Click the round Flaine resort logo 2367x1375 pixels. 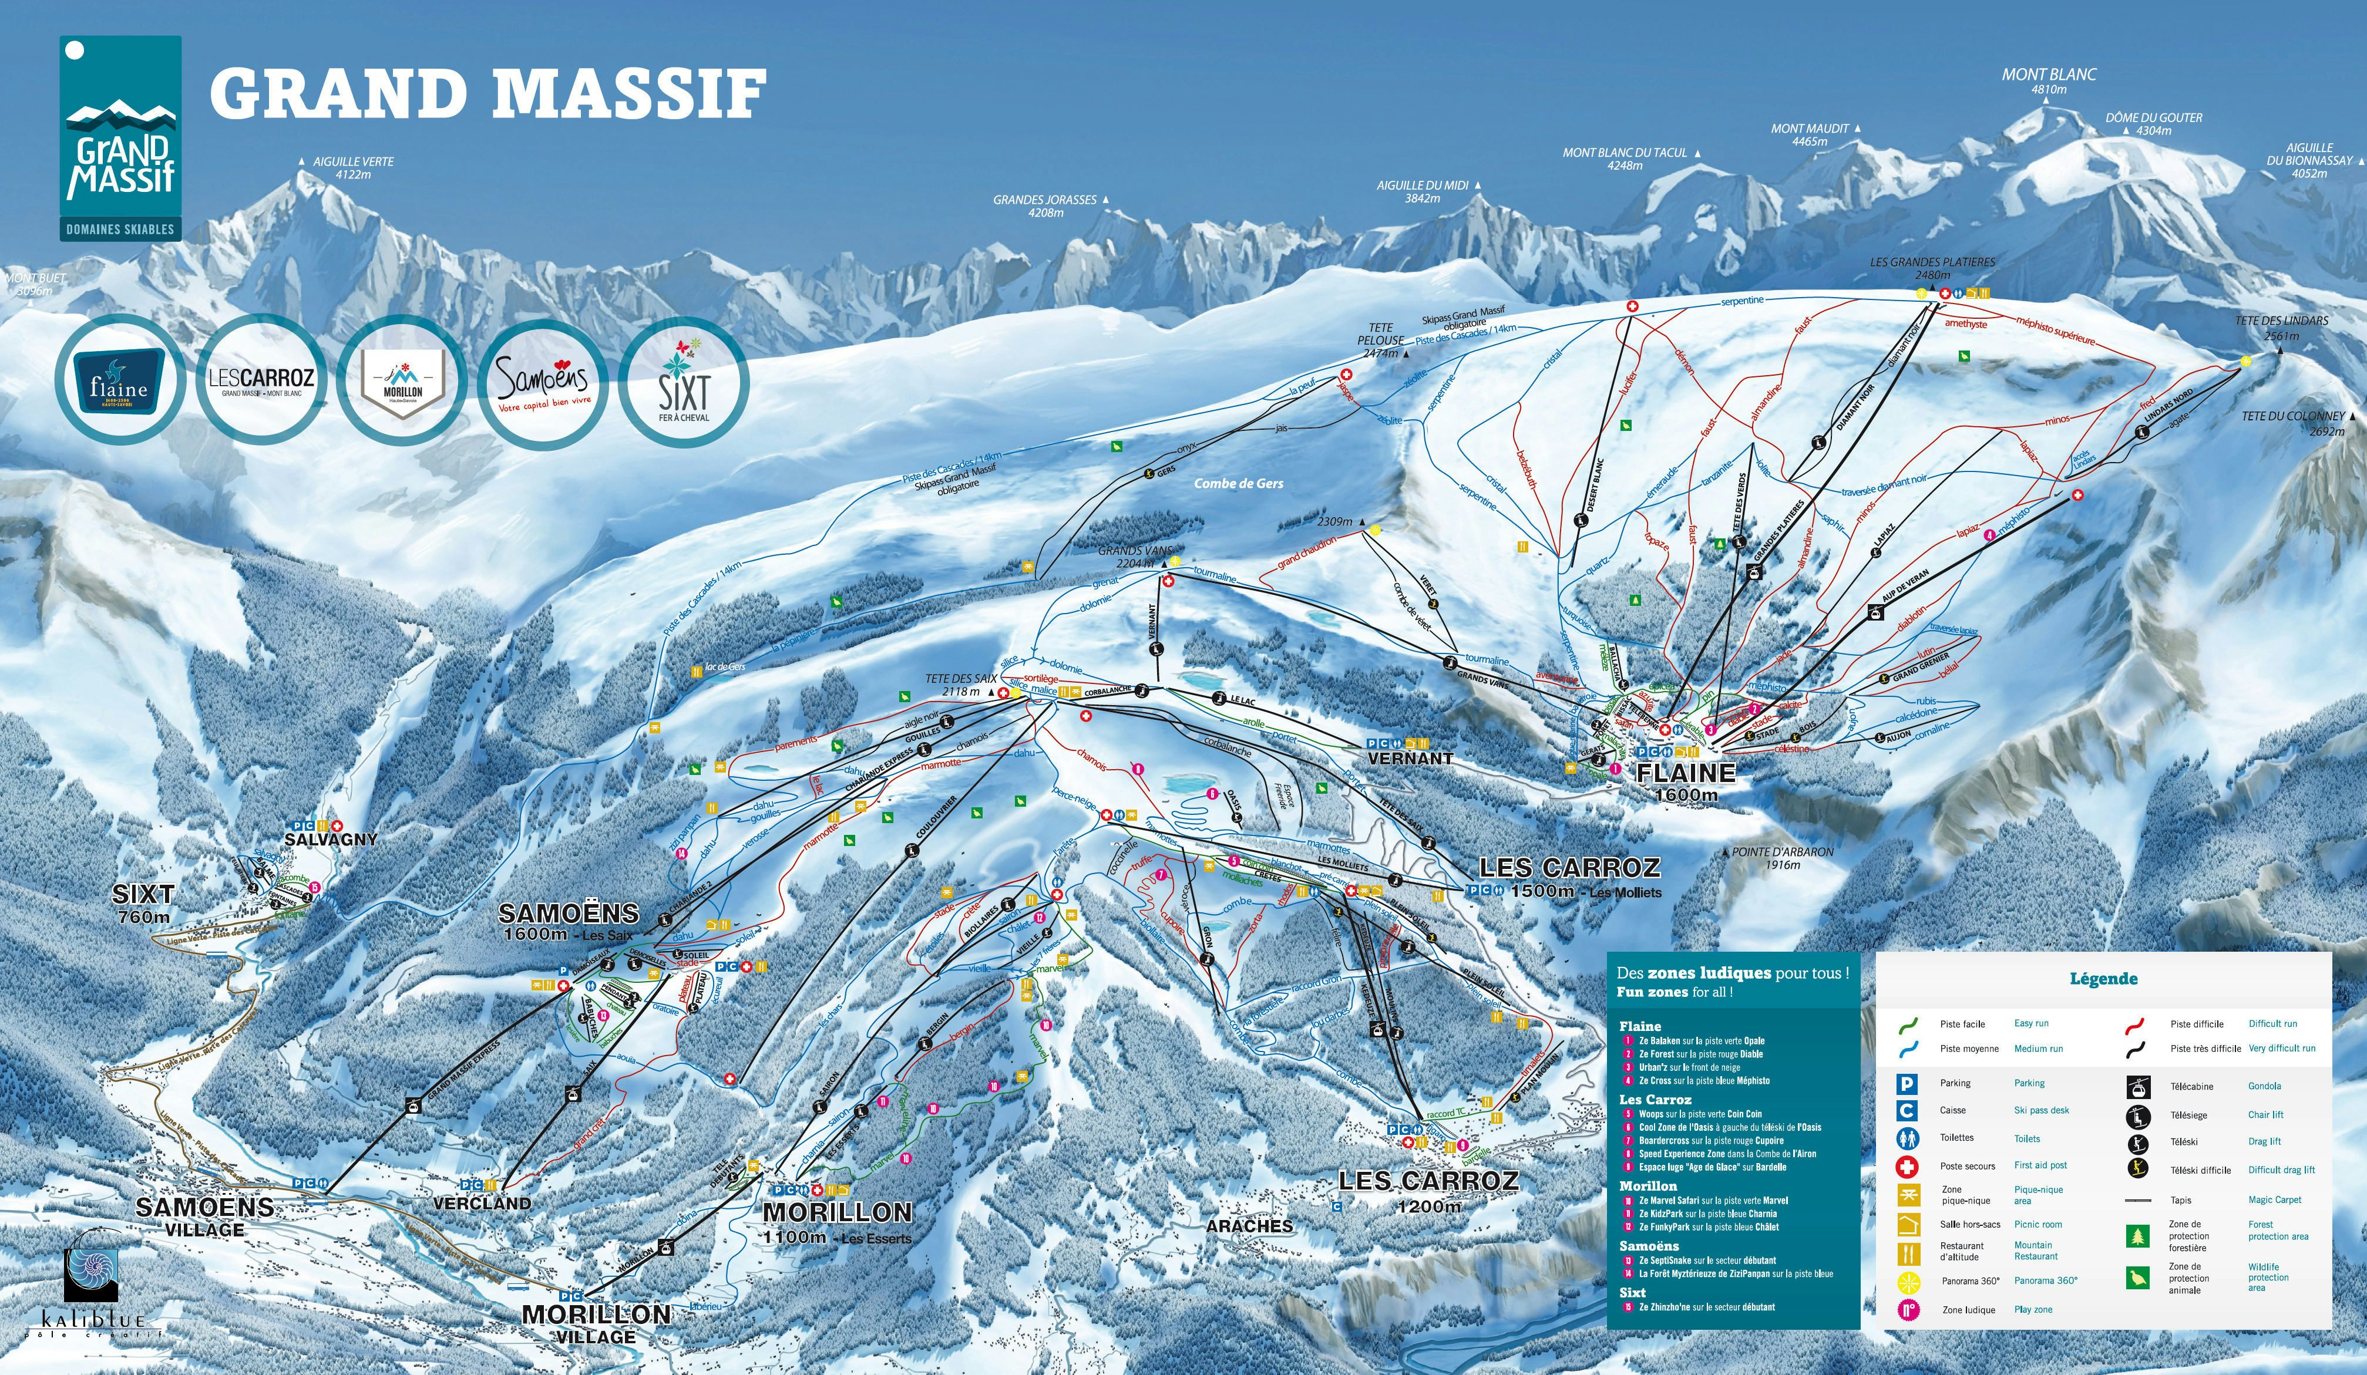pyautogui.click(x=119, y=380)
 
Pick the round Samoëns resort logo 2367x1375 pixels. pyautogui.click(x=542, y=380)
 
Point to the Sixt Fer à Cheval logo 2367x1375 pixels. pyautogui.click(x=683, y=380)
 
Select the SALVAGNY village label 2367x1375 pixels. pyautogui.click(x=331, y=839)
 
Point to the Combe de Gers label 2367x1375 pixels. pyautogui.click(x=1238, y=484)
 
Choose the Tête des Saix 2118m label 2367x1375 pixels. pyautogui.click(x=960, y=684)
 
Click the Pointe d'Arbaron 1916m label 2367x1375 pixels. pyautogui.click(x=1782, y=858)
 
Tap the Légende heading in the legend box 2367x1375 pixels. pyautogui.click(x=2103, y=979)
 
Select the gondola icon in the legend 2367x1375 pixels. pyautogui.click(x=2138, y=1087)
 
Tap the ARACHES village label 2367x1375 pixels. pyautogui.click(x=1249, y=1226)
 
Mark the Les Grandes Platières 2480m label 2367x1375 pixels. pyautogui.click(x=1932, y=269)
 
